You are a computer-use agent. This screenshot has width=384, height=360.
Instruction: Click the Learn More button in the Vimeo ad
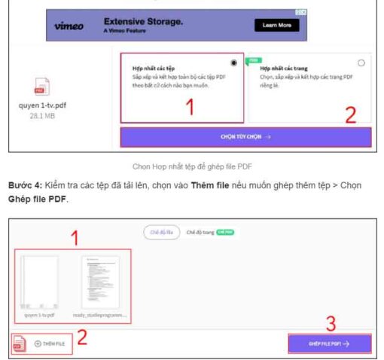276,25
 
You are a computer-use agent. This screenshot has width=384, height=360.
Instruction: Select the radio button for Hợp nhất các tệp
236,63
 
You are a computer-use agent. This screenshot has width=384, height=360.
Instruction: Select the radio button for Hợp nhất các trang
361,63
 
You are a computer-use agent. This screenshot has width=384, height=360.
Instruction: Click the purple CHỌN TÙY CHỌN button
245,137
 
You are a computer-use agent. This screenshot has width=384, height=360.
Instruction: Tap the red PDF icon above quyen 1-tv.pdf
42,87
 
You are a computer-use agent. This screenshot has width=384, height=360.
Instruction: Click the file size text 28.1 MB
42,116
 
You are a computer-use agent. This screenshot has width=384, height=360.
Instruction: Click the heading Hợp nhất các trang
282,67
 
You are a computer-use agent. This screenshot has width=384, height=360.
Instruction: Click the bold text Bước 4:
28,185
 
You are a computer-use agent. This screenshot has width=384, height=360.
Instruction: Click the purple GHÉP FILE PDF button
329,343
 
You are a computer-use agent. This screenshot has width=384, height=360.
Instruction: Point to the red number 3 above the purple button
329,324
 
